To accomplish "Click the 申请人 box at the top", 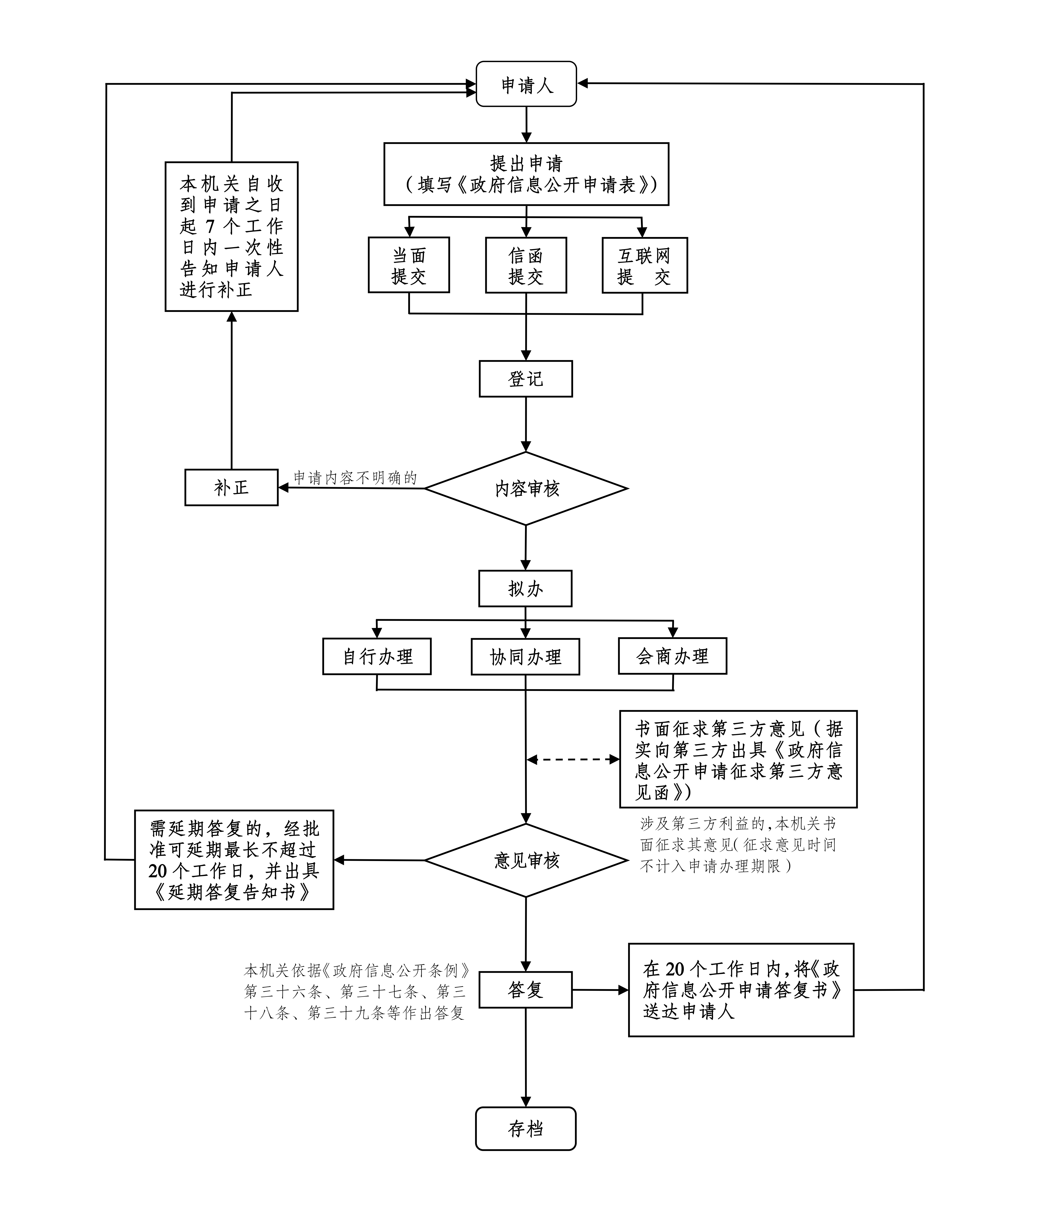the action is pyautogui.click(x=526, y=84).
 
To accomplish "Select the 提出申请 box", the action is pyautogui.click(x=526, y=174).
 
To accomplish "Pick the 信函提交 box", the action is pyautogui.click(x=526, y=265).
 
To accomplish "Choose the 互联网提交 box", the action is pyautogui.click(x=645, y=265).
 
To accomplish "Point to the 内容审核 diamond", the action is pyautogui.click(x=526, y=488).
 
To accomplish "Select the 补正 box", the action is pyautogui.click(x=232, y=487).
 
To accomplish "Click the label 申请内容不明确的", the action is pyautogui.click(x=355, y=478).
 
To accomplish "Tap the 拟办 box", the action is pyautogui.click(x=525, y=588).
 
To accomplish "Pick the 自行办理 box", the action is pyautogui.click(x=377, y=656).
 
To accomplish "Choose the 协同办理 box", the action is pyautogui.click(x=525, y=656).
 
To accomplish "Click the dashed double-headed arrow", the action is pyautogui.click(x=573, y=759).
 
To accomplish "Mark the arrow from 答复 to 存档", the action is pyautogui.click(x=525, y=1058).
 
